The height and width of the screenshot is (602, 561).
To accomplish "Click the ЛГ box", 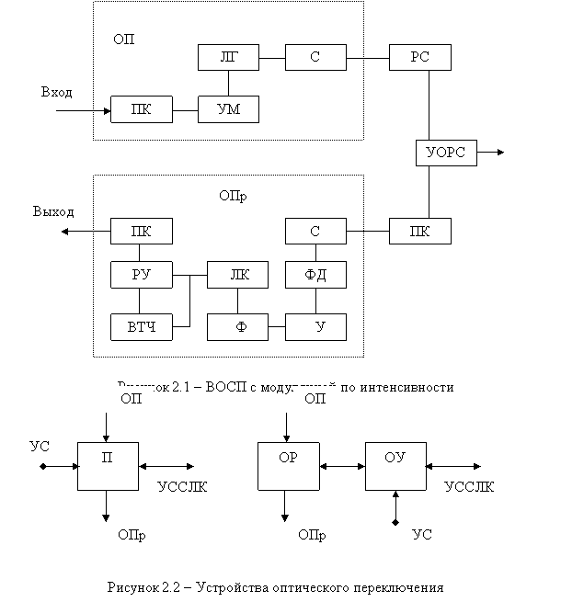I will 228,58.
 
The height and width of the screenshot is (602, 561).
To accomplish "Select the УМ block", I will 228,109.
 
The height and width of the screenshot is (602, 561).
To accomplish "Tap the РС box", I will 420,58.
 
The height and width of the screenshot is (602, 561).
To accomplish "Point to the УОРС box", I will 446,153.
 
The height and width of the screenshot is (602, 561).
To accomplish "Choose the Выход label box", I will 54,212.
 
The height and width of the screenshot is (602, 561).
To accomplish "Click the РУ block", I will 141,274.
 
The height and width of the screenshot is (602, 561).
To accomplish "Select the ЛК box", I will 238,274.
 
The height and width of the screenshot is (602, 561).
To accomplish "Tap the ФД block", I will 315,274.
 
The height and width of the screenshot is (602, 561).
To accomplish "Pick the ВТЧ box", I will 141,326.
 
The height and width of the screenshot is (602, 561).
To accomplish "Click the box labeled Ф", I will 238,326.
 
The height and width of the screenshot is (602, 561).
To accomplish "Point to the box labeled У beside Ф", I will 315,326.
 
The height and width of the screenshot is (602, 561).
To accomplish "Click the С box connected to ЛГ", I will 315,58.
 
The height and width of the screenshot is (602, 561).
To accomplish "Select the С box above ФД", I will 315,231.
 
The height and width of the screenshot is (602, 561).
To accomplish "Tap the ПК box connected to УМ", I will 141,111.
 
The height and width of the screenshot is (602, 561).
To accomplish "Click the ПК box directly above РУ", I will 141,231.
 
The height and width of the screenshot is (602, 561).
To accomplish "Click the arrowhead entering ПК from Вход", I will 107,111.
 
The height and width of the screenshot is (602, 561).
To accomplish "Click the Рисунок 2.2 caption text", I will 276,587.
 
